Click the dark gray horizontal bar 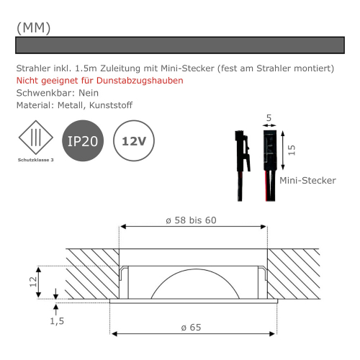[179, 45]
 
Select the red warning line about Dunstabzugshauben [99, 81]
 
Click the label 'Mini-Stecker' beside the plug [307, 181]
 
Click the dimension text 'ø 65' [192, 327]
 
